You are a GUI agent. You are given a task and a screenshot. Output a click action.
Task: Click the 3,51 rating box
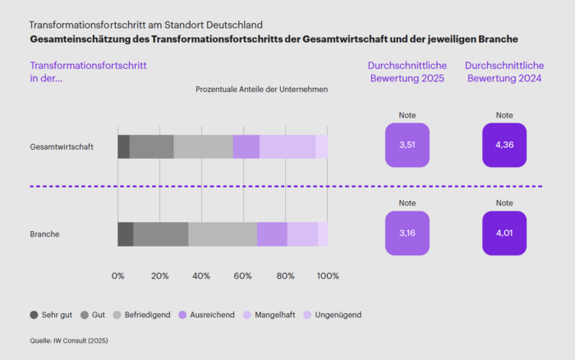[407, 145]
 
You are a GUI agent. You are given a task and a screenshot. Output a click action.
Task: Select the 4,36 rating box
[504, 145]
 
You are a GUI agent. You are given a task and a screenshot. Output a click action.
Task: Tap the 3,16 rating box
[407, 233]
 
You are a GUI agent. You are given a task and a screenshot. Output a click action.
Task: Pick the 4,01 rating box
[504, 233]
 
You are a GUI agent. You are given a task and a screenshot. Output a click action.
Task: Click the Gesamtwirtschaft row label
[62, 147]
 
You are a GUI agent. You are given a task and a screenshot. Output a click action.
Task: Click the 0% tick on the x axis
[118, 276]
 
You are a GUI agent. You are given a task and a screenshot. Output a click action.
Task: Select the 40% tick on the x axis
[202, 276]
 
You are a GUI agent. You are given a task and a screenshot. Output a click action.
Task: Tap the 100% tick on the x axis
[328, 276]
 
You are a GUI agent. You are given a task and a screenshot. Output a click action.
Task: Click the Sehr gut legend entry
[51, 315]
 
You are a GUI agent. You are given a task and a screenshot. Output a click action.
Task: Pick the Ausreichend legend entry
[205, 315]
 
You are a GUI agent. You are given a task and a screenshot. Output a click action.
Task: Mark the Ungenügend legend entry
[332, 315]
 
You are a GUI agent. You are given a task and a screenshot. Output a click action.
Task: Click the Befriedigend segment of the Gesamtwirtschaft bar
[203, 147]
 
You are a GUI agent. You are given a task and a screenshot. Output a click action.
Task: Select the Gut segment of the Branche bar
[160, 234]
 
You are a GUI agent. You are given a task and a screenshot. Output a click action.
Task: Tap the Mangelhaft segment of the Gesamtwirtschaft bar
[287, 147]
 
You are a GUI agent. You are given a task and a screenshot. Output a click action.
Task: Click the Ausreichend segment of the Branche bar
[272, 234]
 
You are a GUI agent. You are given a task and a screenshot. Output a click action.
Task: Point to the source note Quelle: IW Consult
[68, 340]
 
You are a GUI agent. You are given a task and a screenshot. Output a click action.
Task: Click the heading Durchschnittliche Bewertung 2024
[504, 72]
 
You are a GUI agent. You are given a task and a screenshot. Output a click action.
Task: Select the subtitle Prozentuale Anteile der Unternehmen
[261, 90]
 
